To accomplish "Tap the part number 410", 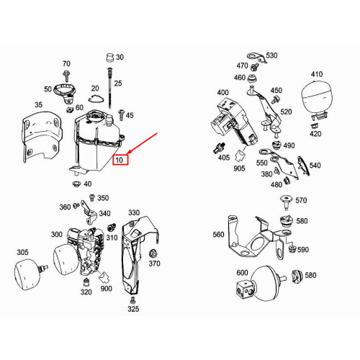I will [x=317, y=75].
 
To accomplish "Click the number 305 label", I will [x=23, y=252].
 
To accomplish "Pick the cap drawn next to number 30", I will [x=109, y=58].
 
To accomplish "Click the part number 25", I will [x=118, y=84].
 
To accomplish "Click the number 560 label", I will [x=218, y=235].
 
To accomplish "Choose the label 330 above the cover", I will [x=134, y=213].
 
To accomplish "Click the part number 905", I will [x=238, y=168].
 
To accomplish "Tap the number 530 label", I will [x=271, y=55].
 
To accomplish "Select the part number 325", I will [x=133, y=310].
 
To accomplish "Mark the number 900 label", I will [x=107, y=289].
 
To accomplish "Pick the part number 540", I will [x=315, y=166].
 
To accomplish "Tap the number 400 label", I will [x=222, y=93].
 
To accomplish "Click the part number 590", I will [x=302, y=250].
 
